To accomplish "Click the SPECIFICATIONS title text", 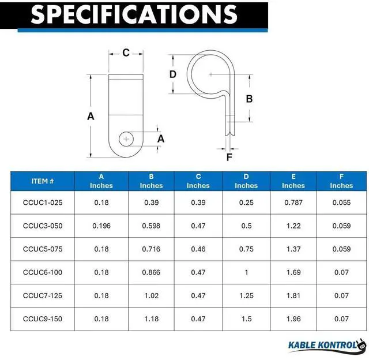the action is pos(134,14).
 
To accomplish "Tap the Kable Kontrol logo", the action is pos(327,346).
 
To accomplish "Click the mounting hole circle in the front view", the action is pos(126,139).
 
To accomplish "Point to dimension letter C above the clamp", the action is pos(126,52).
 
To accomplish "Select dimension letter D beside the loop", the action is pos(173,74).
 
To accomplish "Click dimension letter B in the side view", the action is pos(249,99).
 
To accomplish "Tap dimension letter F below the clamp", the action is pos(229,157).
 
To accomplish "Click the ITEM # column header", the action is pos(43,181).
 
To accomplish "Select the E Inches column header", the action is pos(293,181).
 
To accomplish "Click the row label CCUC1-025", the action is pos(43,202).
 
